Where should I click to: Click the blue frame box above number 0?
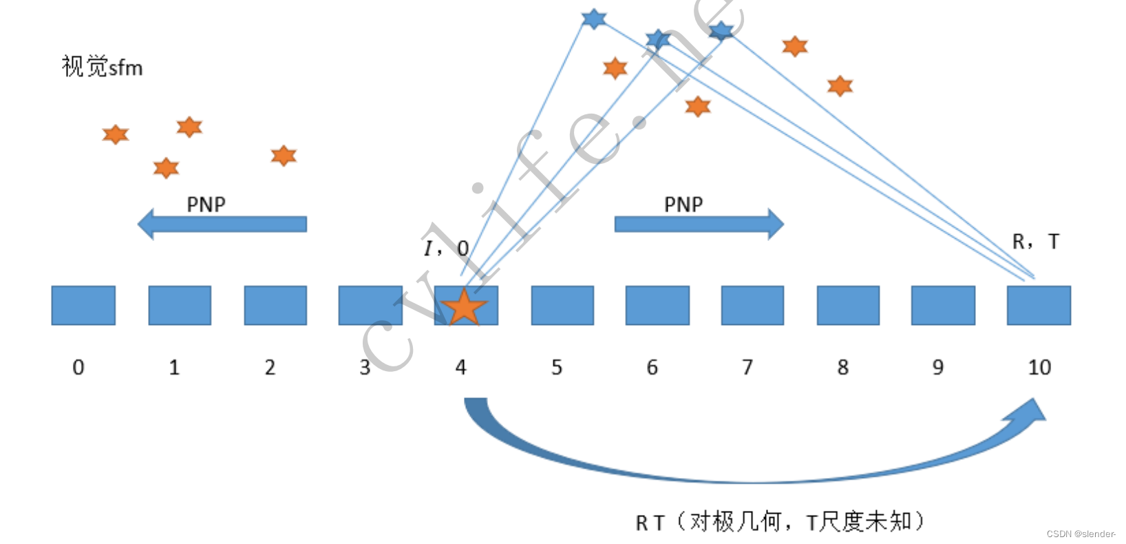[83, 305]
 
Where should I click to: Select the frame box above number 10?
[1039, 305]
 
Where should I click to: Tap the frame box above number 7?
[752, 305]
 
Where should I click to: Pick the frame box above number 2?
[275, 305]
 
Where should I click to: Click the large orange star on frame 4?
[464, 307]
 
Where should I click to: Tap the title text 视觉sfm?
[102, 67]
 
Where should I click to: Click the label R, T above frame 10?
[1035, 242]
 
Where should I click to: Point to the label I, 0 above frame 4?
[446, 248]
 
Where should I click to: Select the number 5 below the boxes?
[557, 367]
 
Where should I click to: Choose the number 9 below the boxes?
[938, 367]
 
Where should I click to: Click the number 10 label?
[1039, 367]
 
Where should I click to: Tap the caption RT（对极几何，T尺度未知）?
[780, 522]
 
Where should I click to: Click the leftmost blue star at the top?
[593, 19]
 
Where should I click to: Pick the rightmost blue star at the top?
[721, 30]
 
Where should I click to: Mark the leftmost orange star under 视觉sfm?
[116, 134]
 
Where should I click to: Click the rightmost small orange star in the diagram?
[840, 86]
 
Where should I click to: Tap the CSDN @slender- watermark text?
[1081, 534]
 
